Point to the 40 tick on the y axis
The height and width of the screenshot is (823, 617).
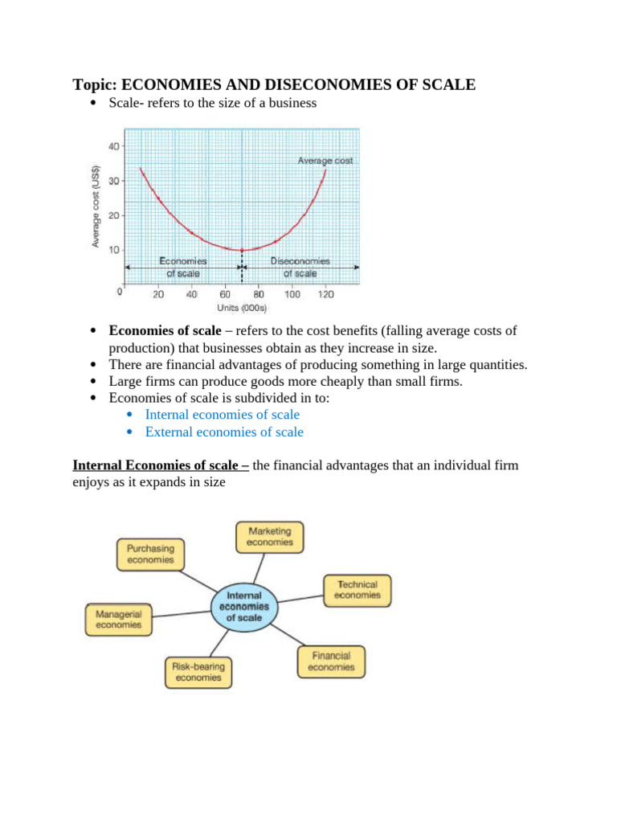point(113,145)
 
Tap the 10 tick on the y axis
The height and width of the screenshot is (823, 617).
point(113,250)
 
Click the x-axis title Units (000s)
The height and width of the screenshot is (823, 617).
point(242,308)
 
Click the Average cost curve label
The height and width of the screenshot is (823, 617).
point(325,161)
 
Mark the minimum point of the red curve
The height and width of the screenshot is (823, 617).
point(242,250)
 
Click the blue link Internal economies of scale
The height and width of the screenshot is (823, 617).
point(222,415)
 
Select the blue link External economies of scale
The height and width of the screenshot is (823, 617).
point(224,432)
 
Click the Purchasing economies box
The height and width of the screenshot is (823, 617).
point(150,554)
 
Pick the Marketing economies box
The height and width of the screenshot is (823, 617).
point(269,536)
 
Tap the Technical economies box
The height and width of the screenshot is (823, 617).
point(358,590)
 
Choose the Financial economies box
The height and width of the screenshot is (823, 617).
point(330,661)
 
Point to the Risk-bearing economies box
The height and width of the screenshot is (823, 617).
point(198,672)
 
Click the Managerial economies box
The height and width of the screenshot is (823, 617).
point(119,619)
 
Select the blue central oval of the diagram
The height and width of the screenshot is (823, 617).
point(243,607)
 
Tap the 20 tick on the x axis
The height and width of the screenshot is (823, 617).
point(158,295)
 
